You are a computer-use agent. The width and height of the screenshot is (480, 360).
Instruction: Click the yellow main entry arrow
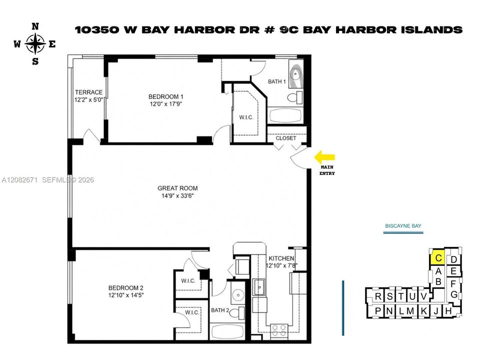[x=324, y=157]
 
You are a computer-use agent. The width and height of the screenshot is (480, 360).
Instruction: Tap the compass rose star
[x=35, y=44]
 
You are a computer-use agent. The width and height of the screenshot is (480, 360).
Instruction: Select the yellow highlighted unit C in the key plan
[x=438, y=257]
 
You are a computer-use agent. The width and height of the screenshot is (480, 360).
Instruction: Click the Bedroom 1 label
[x=165, y=96]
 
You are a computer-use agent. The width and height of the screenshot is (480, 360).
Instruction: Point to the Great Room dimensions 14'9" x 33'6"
[x=177, y=195]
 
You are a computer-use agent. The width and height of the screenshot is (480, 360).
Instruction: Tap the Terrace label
[x=89, y=92]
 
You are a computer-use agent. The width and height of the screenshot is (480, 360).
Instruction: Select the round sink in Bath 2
[x=237, y=295]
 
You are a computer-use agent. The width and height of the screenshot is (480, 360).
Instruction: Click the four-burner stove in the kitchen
[x=279, y=331]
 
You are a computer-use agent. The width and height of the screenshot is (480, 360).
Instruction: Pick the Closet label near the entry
[x=286, y=138]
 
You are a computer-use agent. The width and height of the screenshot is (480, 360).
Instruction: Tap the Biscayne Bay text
[x=403, y=226]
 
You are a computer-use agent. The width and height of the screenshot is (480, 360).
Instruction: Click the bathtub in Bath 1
[x=284, y=115]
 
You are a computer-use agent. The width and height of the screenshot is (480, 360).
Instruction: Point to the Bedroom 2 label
[x=126, y=288]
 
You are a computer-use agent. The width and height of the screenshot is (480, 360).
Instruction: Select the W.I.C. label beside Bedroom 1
[x=246, y=117]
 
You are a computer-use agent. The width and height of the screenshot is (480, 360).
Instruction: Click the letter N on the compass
[x=35, y=26]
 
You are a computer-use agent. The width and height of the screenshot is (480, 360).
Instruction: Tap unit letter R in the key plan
[x=378, y=296]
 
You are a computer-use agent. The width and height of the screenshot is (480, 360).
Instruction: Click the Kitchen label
[x=281, y=258]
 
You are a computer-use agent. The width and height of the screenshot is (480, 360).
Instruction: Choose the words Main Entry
[x=327, y=170]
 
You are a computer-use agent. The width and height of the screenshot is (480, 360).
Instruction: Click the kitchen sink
[x=259, y=287]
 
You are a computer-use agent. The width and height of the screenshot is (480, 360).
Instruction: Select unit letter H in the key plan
[x=448, y=311]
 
